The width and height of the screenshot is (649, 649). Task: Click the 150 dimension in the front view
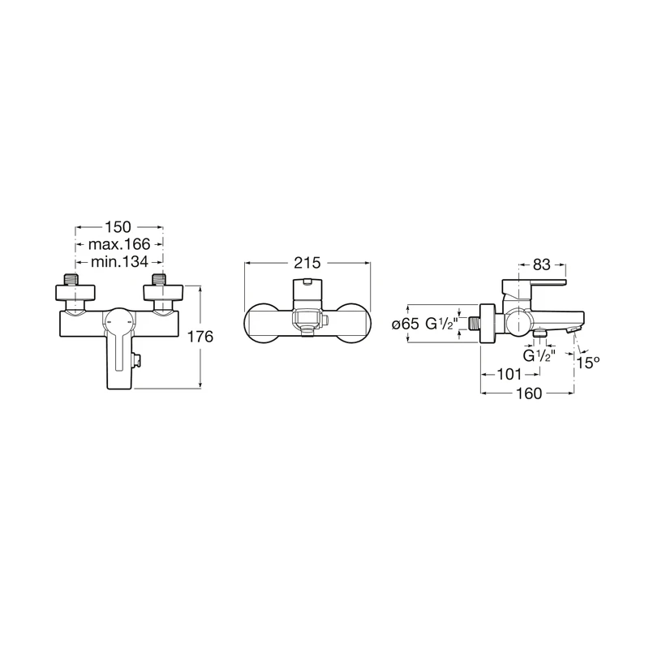click(x=120, y=228)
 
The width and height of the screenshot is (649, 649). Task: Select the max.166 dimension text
click(x=120, y=244)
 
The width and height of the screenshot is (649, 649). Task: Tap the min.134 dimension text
click(x=120, y=261)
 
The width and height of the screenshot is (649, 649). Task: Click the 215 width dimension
click(x=308, y=263)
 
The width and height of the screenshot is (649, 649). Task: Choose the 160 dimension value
click(x=527, y=393)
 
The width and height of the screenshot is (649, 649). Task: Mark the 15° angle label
click(x=590, y=363)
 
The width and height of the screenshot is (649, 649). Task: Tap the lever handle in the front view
click(x=119, y=349)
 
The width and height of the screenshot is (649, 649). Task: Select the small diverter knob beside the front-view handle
click(x=140, y=357)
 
